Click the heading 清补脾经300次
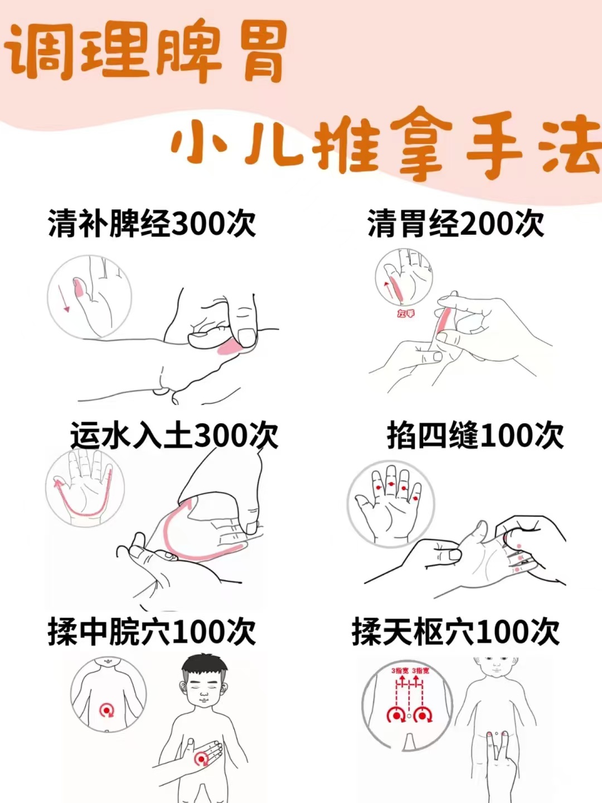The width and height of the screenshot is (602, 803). pyautogui.click(x=152, y=223)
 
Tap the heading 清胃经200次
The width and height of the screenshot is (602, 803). pyautogui.click(x=456, y=223)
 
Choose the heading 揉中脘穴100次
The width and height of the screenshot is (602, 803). pyautogui.click(x=152, y=632)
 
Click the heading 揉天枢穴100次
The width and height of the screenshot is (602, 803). pyautogui.click(x=456, y=632)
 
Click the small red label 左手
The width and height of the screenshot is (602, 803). pyautogui.click(x=406, y=314)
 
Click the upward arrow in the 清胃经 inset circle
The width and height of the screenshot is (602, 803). pyautogui.click(x=388, y=292)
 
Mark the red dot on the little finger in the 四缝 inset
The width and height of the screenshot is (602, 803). pyautogui.click(x=415, y=498)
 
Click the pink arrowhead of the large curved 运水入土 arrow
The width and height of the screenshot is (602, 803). pyautogui.click(x=187, y=505)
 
